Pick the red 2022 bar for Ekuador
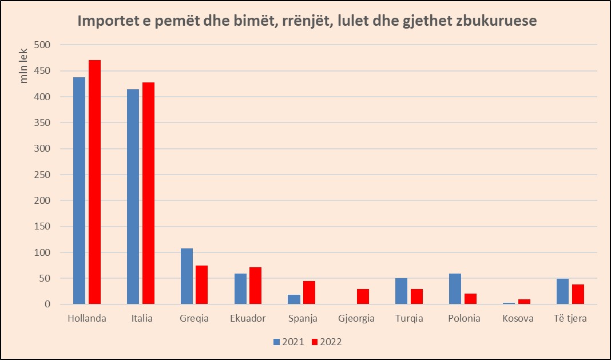[255, 286]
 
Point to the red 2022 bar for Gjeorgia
[363, 296]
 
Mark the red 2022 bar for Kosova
[524, 302]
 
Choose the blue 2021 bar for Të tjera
[562, 291]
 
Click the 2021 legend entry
[288, 342]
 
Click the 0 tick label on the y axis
[47, 304]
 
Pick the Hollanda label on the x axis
[86, 319]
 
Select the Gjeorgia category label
[356, 319]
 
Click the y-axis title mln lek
[24, 68]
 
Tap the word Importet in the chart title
[106, 22]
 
